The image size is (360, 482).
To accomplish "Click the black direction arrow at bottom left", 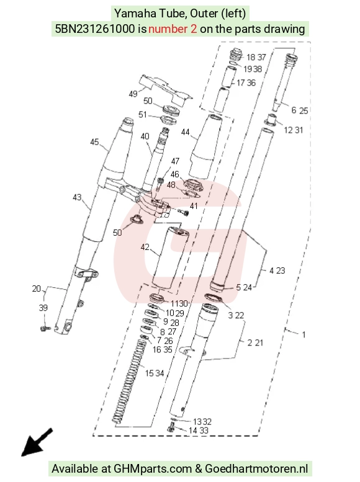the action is click(36, 443).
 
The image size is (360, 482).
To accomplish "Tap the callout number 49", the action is click(133, 94).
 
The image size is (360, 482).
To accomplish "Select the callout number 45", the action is click(94, 141).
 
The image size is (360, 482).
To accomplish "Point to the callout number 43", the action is click(77, 197).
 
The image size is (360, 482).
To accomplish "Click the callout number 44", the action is click(185, 132).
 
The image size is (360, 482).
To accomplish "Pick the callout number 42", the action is click(145, 247).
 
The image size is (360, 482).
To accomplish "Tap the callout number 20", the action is click(36, 288).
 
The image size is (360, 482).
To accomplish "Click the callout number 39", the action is click(43, 308).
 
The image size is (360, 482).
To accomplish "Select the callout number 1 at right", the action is click(304, 334).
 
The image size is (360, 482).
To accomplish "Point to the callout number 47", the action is click(175, 161).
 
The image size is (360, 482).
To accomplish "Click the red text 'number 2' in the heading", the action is click(173, 29).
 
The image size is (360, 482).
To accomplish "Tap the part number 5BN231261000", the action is click(95, 29).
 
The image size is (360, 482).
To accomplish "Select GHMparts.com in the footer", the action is click(153, 469).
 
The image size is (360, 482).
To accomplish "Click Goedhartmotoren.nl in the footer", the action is click(256, 469).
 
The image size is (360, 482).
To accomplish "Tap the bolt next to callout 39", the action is click(45, 329).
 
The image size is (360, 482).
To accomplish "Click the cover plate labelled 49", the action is click(166, 91).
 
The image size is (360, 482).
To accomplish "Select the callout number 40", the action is click(145, 136).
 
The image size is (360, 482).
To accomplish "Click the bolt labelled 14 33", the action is click(171, 427).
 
